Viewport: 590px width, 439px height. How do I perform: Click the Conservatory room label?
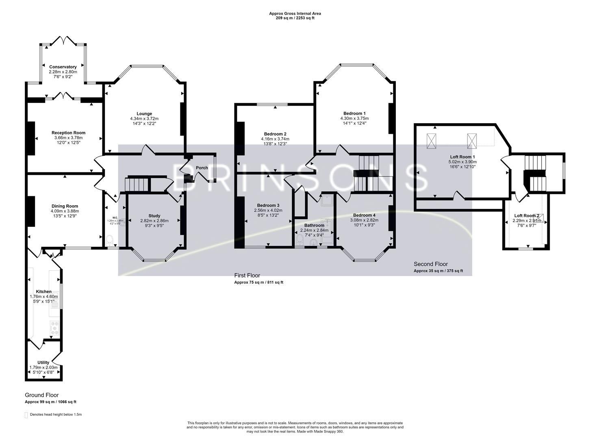63,67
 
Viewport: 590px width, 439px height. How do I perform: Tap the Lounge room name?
144,113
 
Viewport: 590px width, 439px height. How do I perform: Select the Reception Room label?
68,133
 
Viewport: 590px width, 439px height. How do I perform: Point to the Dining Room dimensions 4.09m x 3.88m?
65,211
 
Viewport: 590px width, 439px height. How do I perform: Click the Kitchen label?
43,291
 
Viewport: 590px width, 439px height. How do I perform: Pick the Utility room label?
43,363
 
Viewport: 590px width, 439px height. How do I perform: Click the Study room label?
154,216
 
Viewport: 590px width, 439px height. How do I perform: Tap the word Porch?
202,168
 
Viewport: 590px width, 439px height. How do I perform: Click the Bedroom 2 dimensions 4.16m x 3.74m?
275,139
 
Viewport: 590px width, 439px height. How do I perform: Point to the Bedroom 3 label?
268,205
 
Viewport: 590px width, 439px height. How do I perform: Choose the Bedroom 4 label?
364,215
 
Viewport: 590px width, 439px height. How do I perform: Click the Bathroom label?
314,225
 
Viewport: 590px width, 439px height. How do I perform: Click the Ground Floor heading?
42,395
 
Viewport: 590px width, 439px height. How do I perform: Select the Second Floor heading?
431,264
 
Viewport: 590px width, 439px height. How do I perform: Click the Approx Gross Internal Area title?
295,13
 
